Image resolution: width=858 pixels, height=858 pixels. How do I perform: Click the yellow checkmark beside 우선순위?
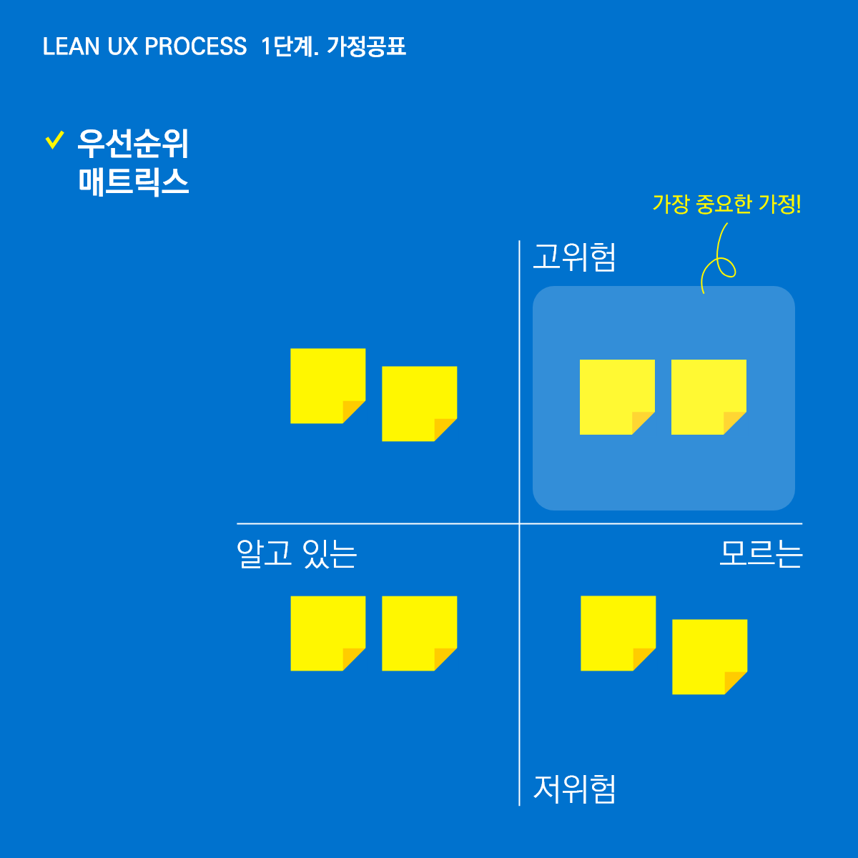54,140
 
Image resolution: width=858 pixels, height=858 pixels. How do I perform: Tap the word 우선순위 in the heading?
133,144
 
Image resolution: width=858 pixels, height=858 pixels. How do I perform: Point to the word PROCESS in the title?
195,46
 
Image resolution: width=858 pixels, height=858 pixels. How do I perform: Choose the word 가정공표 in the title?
366,46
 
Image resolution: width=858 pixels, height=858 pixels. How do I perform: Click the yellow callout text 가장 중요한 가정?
726,204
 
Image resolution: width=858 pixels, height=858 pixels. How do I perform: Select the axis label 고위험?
574,257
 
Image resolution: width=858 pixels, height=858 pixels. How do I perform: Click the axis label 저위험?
574,789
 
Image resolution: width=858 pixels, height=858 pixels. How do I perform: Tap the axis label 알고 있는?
297,553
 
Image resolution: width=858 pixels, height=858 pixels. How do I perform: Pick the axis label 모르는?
761,553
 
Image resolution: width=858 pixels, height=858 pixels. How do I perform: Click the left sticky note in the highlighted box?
616,396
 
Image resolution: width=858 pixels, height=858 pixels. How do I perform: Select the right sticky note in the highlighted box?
708,396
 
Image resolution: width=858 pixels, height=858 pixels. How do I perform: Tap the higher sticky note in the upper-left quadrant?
327,385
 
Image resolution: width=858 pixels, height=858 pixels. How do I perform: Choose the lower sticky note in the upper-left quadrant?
419,403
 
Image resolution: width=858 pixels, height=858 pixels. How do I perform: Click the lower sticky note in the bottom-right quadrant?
709,656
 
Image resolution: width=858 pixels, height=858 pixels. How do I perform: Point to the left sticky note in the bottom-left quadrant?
327,633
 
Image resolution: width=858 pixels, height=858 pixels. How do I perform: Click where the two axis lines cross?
519,523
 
